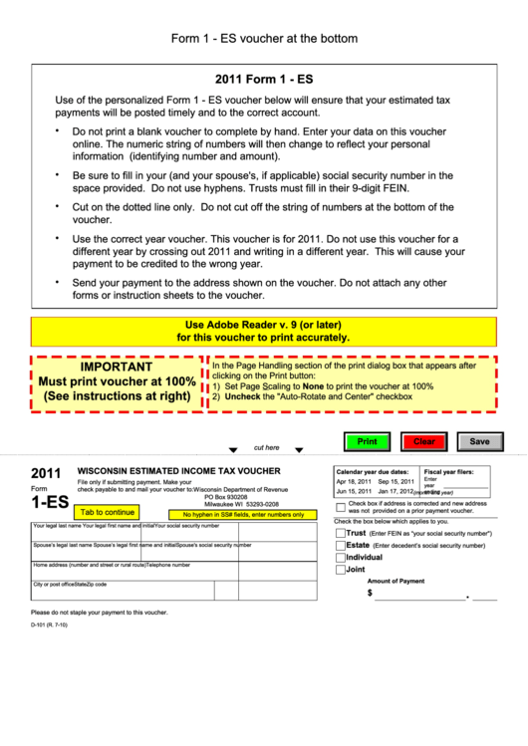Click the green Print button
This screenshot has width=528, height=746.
(367, 441)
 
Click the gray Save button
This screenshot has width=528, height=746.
(479, 441)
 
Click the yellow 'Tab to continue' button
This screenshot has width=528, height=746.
(108, 513)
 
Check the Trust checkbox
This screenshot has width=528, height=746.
(340, 533)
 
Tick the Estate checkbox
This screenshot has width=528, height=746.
(340, 546)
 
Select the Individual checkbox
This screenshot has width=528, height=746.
(340, 558)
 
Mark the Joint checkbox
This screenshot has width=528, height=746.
(340, 570)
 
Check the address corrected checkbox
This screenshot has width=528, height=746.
(340, 507)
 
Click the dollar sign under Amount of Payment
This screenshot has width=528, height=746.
(371, 593)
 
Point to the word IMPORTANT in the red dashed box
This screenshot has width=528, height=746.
(117, 367)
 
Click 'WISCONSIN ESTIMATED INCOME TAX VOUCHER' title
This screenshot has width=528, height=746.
(179, 471)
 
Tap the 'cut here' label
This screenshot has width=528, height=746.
(267, 448)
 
